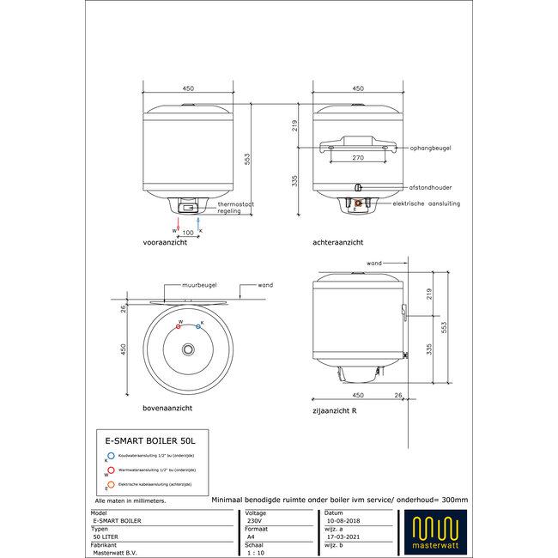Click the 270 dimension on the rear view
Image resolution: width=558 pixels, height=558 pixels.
tap(358, 159)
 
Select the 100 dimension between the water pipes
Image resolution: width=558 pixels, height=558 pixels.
tap(188, 234)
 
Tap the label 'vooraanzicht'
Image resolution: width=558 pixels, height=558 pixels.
tap(166, 244)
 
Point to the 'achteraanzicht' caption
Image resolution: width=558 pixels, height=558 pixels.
tap(337, 244)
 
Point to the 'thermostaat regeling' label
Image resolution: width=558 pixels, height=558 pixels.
tap(234, 207)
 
